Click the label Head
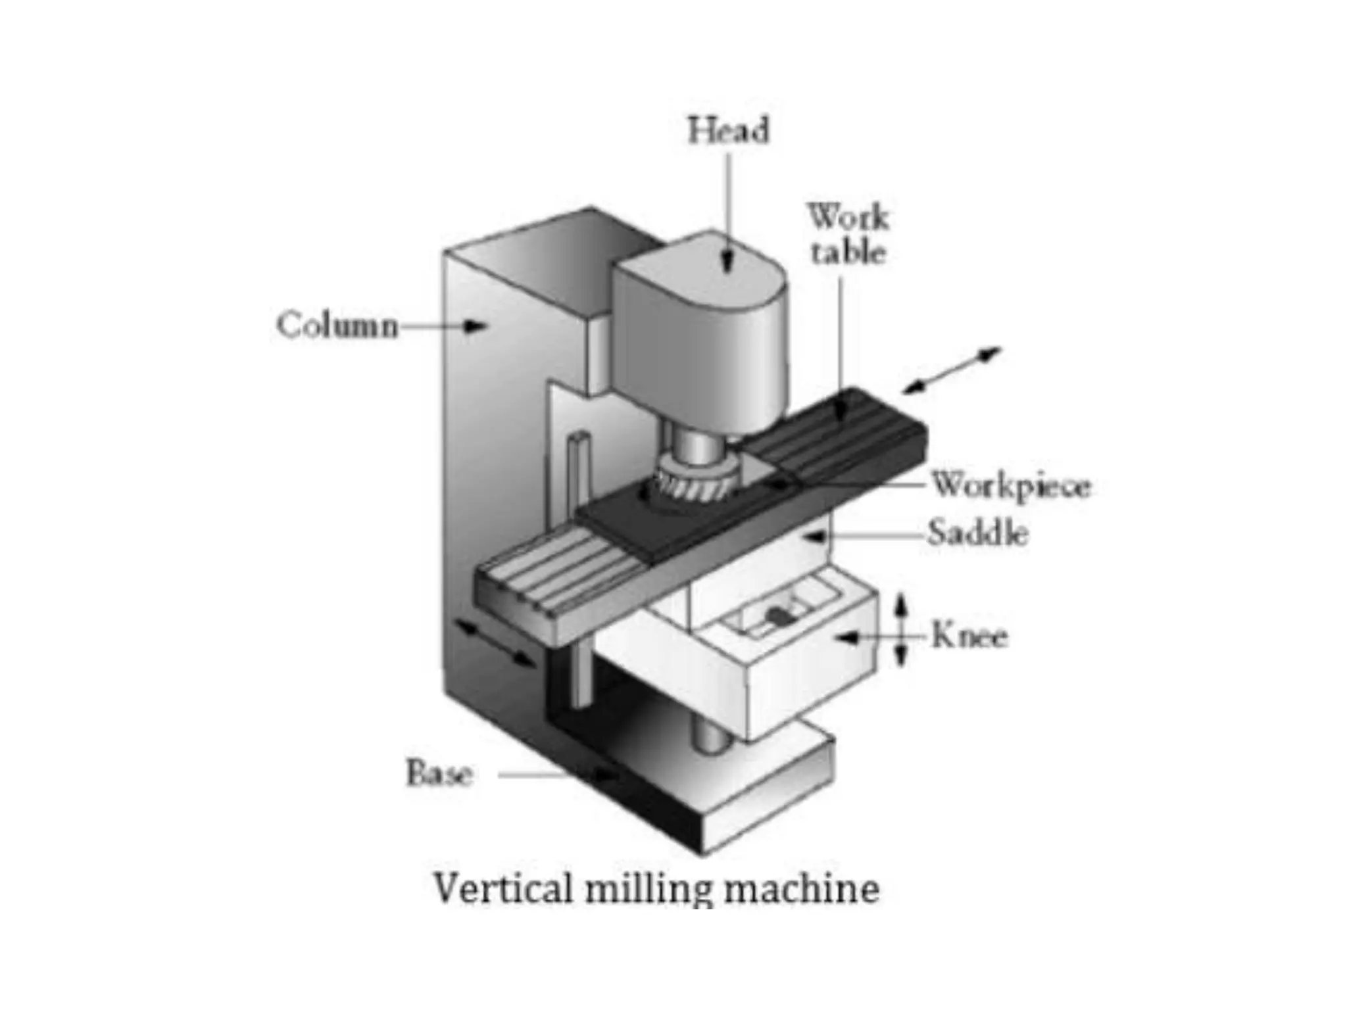tap(728, 130)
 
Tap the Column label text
tap(337, 325)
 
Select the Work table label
tap(848, 234)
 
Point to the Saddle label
tap(977, 533)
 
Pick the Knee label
tap(969, 637)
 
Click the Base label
tap(439, 773)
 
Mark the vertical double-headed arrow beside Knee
tap(902, 631)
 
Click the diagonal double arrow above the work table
tap(951, 371)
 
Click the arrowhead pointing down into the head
tap(727, 263)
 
